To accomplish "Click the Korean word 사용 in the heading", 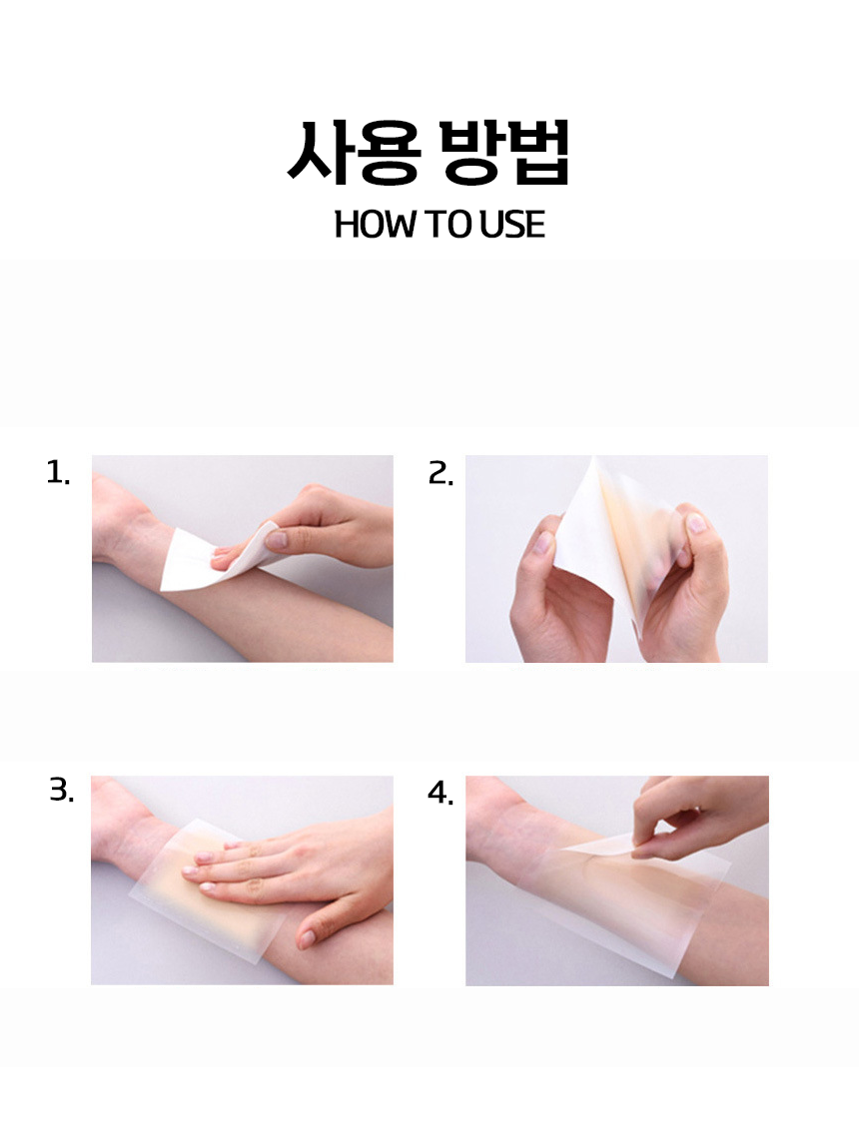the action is [355, 152].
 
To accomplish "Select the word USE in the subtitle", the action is [512, 225].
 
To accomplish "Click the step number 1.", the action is [57, 473].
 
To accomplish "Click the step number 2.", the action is [440, 473].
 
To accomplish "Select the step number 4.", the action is [440, 793].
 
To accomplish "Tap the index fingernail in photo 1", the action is [276, 539].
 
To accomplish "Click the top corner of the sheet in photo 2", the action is [592, 458].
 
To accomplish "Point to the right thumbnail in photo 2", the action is [695, 523].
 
